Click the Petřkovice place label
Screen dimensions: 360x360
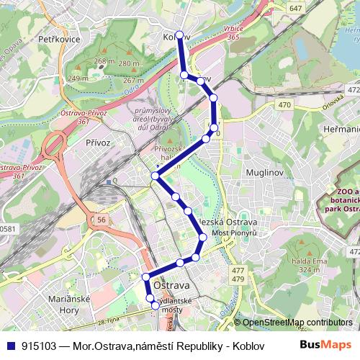click(59, 40)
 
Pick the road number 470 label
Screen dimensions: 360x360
click(284, 105)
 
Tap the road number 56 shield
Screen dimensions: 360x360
click(102, 219)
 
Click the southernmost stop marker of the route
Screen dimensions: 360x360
click(155, 306)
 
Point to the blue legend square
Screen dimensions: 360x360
click(8, 345)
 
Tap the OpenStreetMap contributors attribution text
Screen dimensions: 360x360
click(297, 323)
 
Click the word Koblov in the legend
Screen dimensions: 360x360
click(243, 345)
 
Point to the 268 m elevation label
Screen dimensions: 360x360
click(104, 62)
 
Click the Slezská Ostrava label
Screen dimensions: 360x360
click(230, 222)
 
